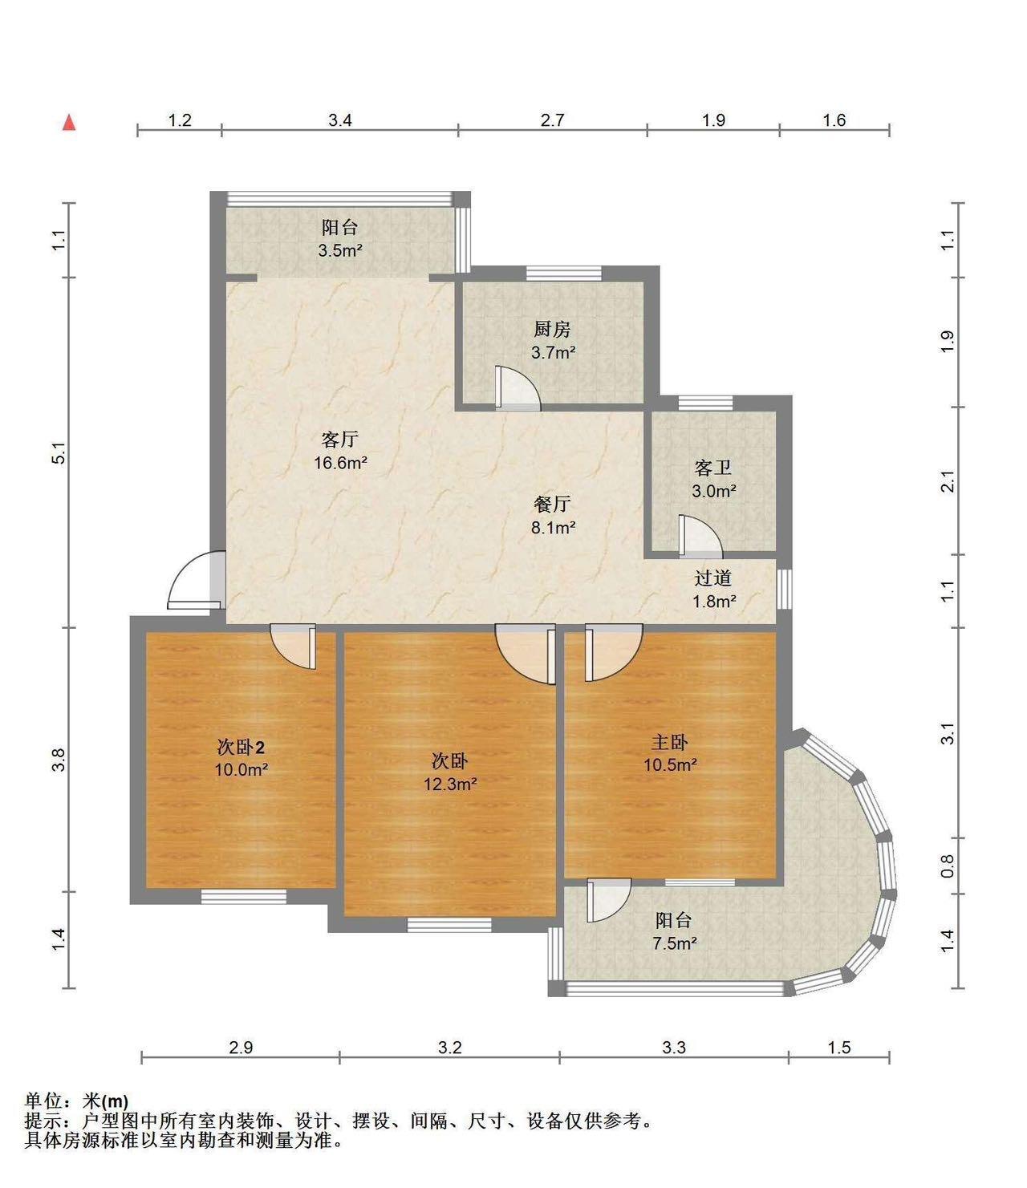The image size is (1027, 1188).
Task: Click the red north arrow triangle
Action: tap(69, 123)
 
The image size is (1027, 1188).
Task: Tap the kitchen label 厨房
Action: tap(552, 330)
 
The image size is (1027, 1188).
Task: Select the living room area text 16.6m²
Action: tap(340, 462)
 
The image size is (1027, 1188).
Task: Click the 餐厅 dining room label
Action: tap(552, 504)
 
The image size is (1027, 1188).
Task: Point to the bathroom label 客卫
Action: tap(713, 468)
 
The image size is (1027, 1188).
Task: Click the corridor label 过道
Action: tap(713, 578)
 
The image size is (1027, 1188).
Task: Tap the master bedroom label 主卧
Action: tap(670, 742)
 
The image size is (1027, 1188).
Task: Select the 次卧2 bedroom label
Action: tap(241, 747)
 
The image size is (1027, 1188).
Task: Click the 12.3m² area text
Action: tap(450, 784)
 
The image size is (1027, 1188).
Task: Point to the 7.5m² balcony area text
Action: tap(675, 943)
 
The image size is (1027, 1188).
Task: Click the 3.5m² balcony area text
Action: tap(340, 250)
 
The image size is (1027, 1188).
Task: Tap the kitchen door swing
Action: tap(518, 388)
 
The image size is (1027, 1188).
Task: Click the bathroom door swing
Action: tap(700, 536)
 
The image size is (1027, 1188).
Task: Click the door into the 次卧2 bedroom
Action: tap(294, 647)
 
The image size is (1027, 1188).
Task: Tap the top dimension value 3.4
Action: tap(340, 120)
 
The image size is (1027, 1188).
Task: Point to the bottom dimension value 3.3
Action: tap(674, 1047)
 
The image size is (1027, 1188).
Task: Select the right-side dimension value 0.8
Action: tap(948, 866)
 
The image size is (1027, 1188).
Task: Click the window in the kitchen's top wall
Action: tap(564, 274)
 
